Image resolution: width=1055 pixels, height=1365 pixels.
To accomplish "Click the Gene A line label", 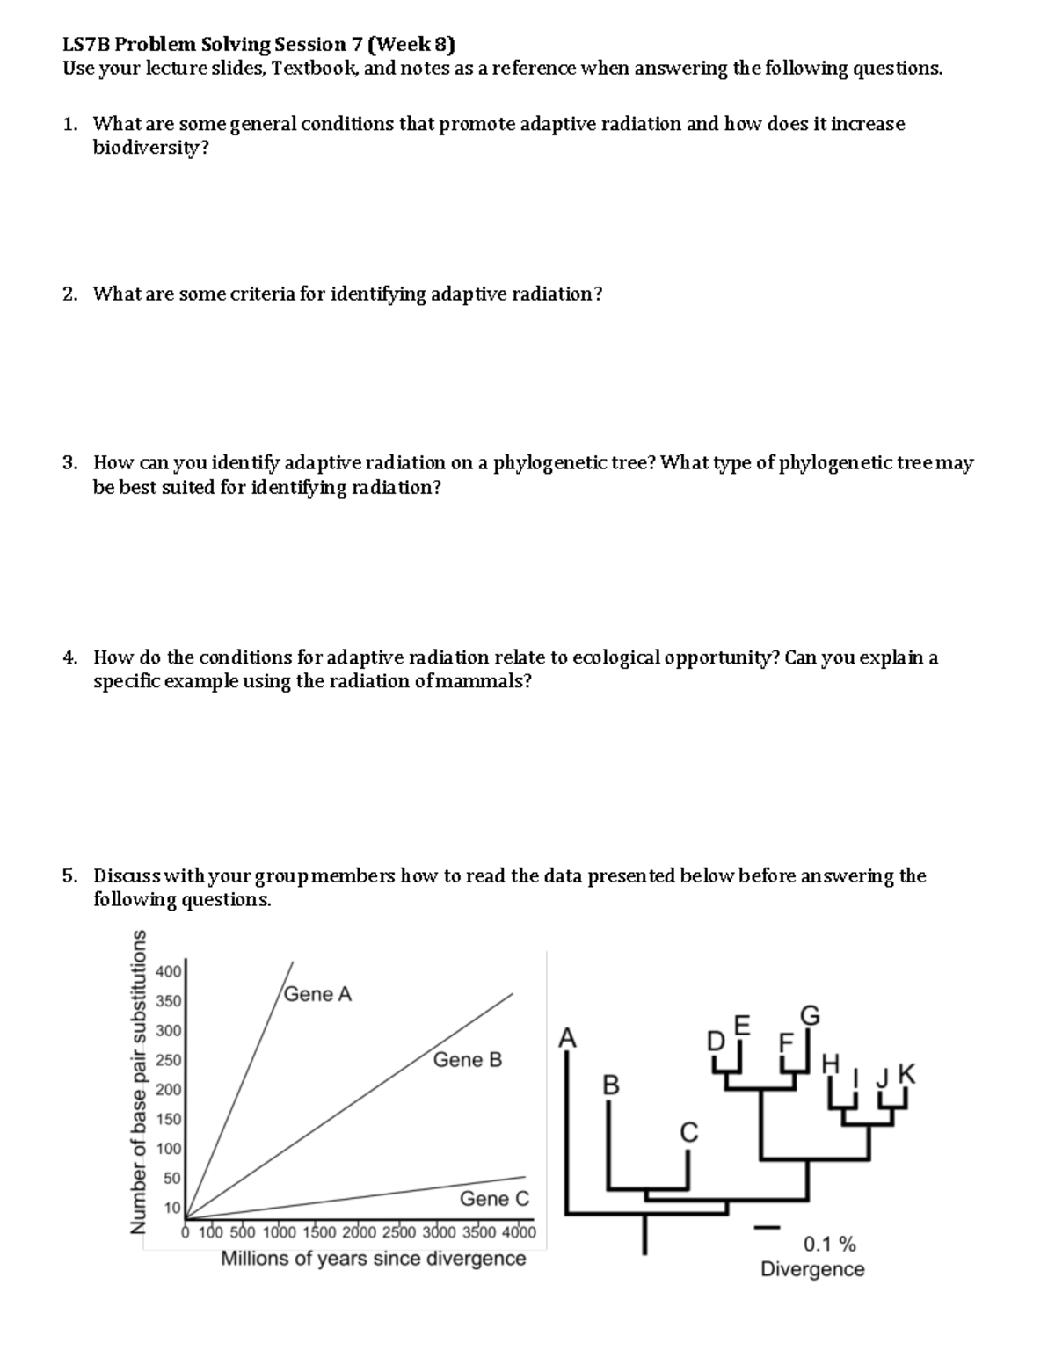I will click(318, 994).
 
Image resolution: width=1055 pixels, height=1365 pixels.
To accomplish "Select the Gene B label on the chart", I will click(468, 1060).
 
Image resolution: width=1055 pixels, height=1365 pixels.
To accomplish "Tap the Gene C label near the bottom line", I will click(494, 1199).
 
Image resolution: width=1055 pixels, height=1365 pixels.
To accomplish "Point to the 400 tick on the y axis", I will click(168, 971).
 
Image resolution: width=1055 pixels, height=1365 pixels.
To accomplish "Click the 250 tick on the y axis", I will click(168, 1060).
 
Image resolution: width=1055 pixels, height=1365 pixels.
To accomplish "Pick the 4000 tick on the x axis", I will click(518, 1231).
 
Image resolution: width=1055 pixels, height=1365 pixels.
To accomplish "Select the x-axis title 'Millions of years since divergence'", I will click(373, 1259).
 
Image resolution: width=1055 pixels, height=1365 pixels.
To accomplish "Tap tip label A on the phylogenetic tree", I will click(568, 1038).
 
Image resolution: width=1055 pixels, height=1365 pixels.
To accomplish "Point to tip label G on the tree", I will click(811, 1016).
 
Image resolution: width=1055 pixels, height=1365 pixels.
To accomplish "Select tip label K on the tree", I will click(907, 1073).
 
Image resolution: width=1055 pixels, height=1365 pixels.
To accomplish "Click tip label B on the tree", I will click(611, 1084).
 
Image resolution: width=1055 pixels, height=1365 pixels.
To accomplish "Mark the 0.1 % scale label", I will click(829, 1244).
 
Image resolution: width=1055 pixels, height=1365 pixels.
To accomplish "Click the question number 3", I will click(69, 463).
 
